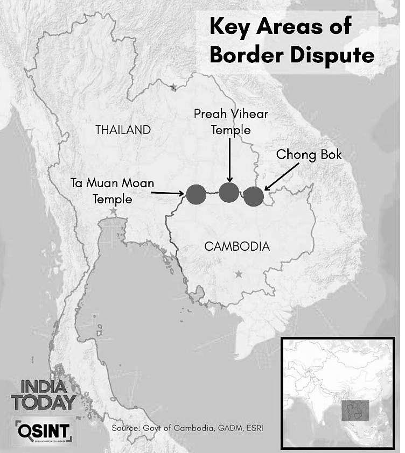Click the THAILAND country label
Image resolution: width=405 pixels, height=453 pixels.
pos(122,130)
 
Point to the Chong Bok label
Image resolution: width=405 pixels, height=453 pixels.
pos(309,154)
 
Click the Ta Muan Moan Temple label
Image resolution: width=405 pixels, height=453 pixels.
pos(112,191)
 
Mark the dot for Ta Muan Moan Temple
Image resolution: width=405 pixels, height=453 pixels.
pos(196,194)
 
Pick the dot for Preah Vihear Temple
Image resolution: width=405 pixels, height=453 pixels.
pos(229,191)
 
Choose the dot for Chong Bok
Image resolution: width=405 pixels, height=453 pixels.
pos(254,196)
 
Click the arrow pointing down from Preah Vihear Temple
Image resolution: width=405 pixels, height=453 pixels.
pos(231,159)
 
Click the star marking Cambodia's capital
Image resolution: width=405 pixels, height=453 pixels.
pos(239,275)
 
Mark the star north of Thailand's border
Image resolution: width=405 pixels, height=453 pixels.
pos(173,87)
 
